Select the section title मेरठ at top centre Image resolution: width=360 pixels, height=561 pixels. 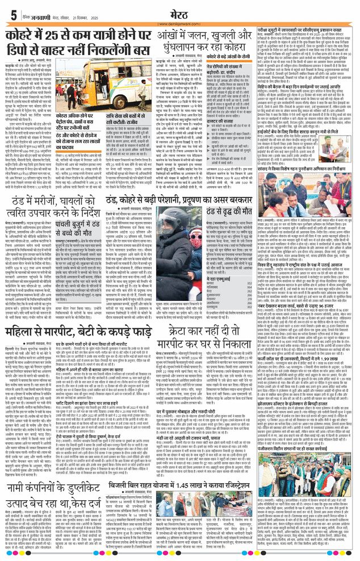coord(179,11)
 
